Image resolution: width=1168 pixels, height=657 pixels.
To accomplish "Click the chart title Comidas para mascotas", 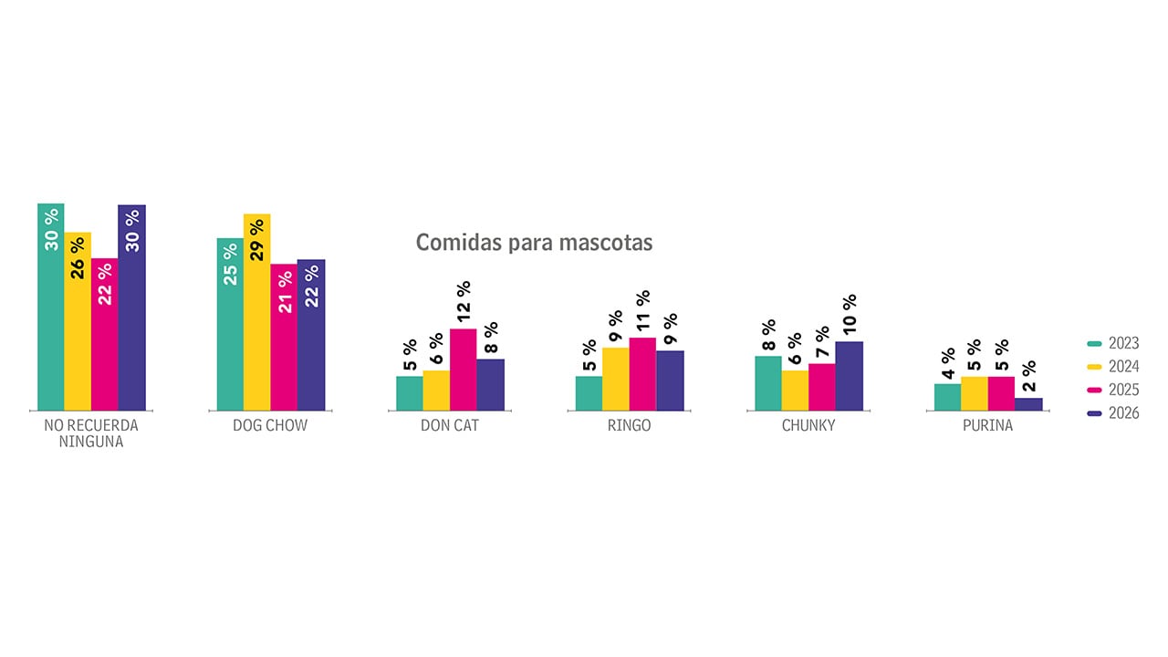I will pos(534,243).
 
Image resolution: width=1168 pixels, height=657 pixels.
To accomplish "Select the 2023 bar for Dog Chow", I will pos(230,324).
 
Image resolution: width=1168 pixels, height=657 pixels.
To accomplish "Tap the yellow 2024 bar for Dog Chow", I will pos(256,312).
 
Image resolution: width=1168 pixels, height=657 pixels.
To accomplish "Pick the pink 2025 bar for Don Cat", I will pos(464,370).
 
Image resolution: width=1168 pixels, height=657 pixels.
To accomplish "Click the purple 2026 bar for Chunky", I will pos(849,376).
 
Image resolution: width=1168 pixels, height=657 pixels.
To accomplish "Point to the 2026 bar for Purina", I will pos(1028,404).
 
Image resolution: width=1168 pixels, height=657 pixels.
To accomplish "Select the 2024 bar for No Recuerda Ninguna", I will pos(78,321).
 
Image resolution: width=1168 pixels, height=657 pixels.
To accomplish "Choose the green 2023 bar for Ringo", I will pos(589,393).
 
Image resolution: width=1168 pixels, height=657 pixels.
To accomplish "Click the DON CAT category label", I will pos(450,426).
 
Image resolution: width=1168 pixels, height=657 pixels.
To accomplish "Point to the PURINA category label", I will pos(987,426).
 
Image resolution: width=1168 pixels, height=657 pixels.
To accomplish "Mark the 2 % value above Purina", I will pos(1028,376).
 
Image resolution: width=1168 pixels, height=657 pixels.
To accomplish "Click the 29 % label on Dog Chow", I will pos(256,240).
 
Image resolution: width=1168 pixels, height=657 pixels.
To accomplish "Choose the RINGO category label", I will pos(629,426).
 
